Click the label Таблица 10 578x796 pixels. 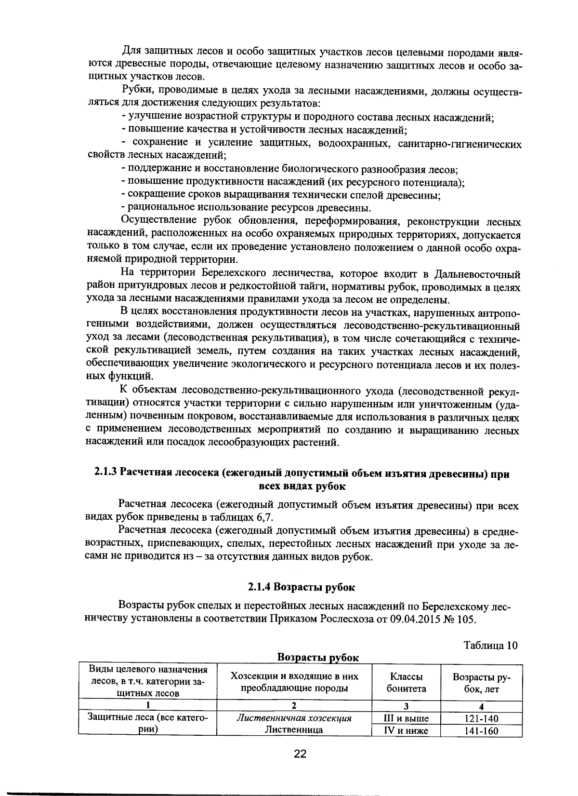(490, 646)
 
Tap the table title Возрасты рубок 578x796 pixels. (318, 658)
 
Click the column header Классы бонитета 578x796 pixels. (406, 682)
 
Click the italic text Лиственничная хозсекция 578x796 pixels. (294, 718)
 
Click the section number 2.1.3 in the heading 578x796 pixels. (105, 473)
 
